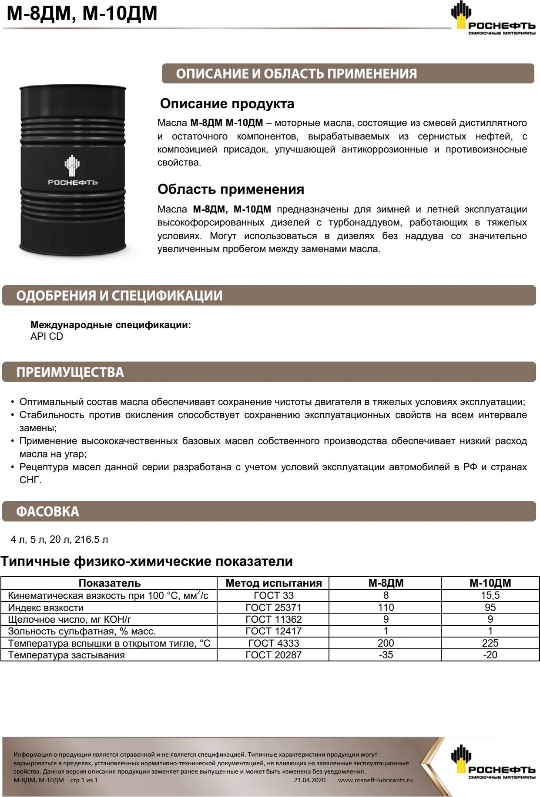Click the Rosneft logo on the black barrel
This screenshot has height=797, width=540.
(72, 171)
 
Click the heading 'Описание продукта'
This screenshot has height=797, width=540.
(227, 104)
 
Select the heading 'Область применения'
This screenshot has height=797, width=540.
(231, 189)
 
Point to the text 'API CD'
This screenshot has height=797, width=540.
(47, 336)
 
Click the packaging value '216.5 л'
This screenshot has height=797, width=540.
(91, 539)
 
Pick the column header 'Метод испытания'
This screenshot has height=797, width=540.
(273, 583)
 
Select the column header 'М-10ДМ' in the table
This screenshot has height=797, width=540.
(490, 583)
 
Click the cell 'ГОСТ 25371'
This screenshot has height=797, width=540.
(273, 608)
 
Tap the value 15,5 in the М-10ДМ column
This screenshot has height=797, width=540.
(490, 595)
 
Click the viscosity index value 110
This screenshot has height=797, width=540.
(386, 608)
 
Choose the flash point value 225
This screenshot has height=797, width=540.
(490, 643)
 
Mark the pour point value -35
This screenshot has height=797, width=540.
(386, 655)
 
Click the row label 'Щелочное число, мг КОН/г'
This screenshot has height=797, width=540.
(69, 619)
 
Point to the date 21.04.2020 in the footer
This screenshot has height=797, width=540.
(309, 780)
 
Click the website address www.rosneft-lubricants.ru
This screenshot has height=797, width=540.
(375, 780)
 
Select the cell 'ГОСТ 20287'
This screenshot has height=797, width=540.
(273, 655)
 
